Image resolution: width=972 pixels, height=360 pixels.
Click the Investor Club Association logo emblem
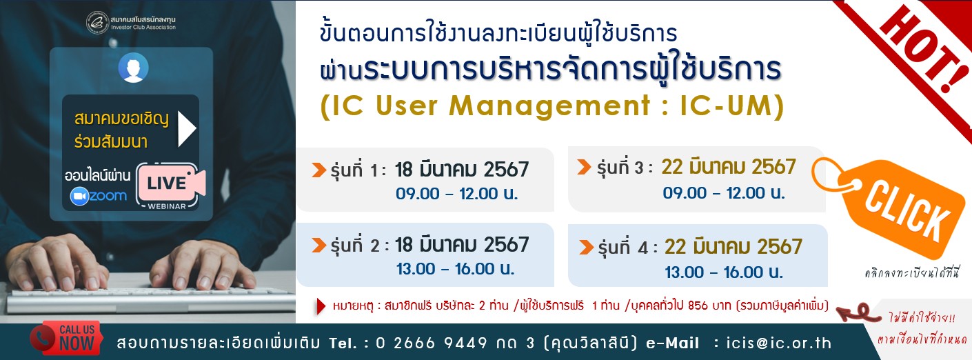tap(97, 22)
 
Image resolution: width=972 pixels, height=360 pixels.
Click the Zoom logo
tap(99, 197)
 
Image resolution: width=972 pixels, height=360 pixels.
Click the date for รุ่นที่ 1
tap(461, 169)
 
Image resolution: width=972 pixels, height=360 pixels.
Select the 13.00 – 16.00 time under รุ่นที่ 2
tap(456, 269)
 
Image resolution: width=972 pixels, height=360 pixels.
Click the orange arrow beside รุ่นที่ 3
tap(583, 167)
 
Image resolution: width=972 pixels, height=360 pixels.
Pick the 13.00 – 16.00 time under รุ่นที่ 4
tap(724, 272)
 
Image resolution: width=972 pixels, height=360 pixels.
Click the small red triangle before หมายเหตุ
tap(320, 306)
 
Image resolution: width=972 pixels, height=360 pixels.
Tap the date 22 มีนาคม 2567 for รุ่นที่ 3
tap(729, 167)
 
